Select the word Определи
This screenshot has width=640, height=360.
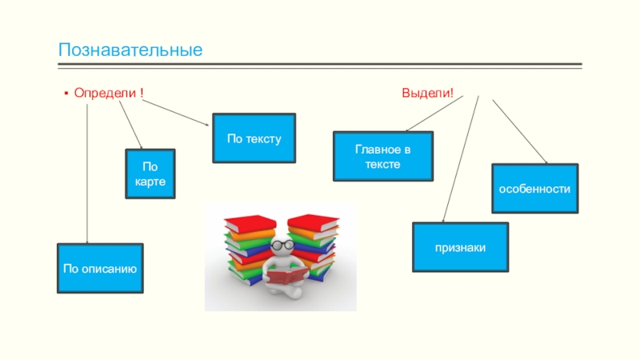point(105,94)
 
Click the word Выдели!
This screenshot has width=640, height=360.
point(427,94)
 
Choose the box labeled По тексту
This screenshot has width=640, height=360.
point(254,138)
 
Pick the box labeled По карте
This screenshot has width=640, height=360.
point(150,174)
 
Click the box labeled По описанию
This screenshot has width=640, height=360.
point(100,268)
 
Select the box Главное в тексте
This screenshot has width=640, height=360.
point(382,156)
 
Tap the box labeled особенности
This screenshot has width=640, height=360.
point(534,189)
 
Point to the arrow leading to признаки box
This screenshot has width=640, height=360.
point(461,160)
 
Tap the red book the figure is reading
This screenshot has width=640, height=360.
point(286,277)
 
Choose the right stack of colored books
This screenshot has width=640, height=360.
point(313,244)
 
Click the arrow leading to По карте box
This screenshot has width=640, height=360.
point(130,124)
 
